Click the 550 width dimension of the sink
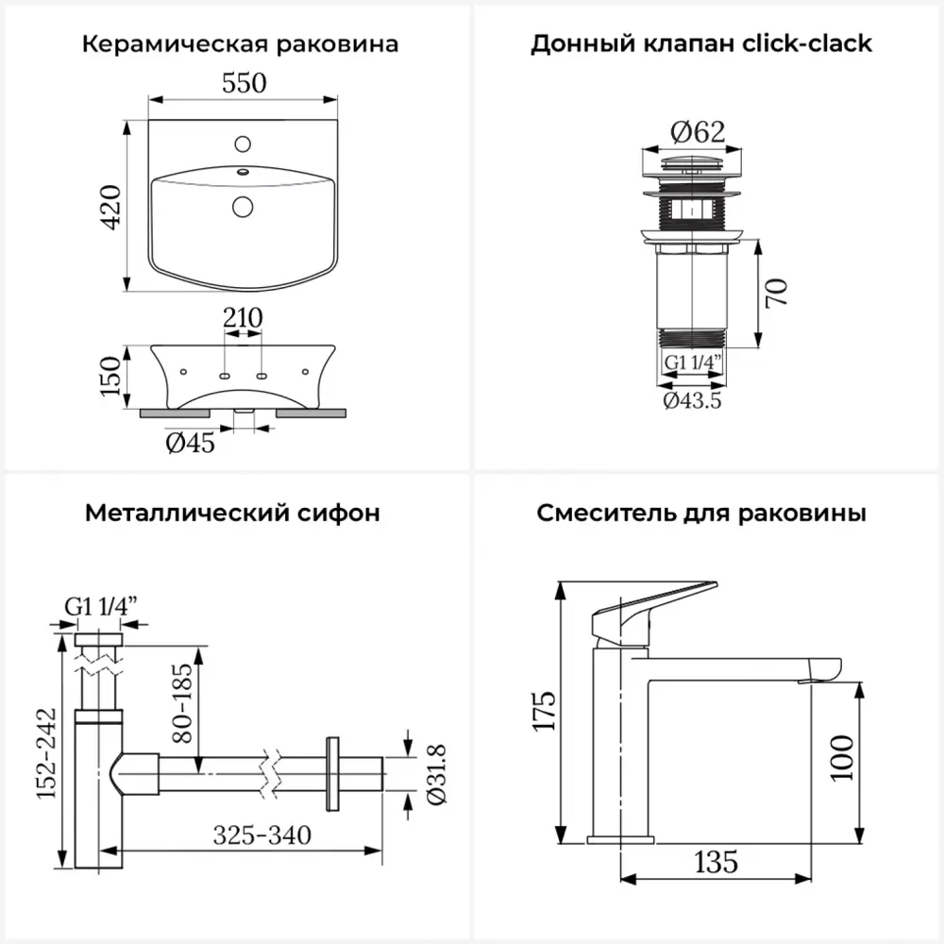coord(244,84)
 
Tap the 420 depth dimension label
coord(111,207)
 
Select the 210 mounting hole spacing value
coord(243,318)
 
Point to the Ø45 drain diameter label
coord(191,442)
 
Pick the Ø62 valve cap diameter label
coord(697,132)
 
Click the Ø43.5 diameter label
coord(693,400)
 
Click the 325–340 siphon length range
coord(261,834)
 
